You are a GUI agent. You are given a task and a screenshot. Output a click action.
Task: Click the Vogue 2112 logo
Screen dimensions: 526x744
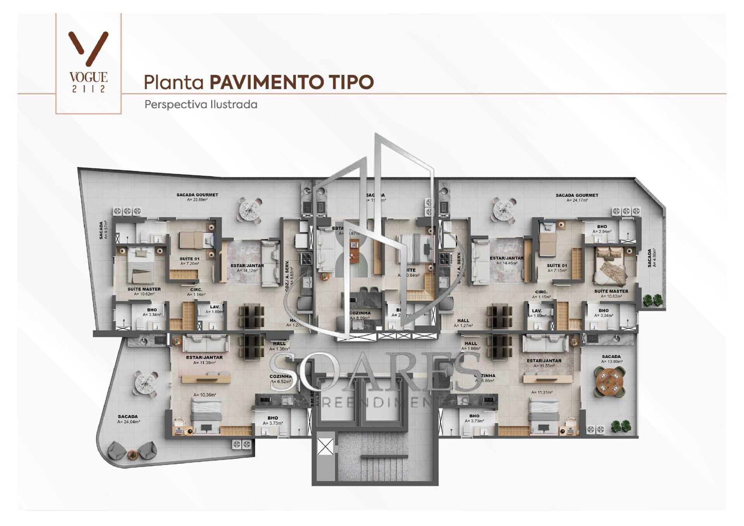(88, 62)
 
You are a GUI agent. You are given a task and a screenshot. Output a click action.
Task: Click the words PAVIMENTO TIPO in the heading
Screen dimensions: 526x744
(291, 82)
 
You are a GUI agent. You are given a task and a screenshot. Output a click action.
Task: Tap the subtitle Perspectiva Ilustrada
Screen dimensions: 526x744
(201, 105)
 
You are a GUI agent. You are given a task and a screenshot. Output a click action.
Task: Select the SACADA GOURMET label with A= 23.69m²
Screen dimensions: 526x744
(197, 197)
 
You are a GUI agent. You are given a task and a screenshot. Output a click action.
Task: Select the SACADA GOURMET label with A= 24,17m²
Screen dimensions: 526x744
(577, 198)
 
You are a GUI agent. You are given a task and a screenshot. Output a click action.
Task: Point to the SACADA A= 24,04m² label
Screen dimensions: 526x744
(128, 419)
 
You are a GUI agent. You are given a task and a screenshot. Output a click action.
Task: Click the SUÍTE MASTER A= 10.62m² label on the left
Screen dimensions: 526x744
(144, 291)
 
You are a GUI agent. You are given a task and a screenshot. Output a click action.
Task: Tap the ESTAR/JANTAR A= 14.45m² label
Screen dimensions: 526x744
(506, 260)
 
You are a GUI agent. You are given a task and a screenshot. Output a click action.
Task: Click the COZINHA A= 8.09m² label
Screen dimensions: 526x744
(360, 315)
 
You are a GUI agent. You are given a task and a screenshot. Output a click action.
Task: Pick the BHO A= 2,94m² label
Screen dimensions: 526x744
(602, 229)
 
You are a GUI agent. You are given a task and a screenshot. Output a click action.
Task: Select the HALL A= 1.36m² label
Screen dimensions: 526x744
(279, 346)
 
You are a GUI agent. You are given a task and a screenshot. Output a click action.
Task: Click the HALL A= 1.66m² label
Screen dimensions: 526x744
(471, 346)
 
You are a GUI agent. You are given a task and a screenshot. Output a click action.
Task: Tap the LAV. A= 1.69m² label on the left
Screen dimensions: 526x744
(215, 309)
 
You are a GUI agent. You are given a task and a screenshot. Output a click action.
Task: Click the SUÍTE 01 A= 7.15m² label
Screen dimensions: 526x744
(557, 268)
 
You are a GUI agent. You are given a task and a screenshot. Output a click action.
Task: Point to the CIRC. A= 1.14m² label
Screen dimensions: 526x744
(196, 292)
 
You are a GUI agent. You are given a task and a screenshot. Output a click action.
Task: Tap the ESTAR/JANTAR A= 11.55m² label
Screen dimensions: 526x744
(544, 363)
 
